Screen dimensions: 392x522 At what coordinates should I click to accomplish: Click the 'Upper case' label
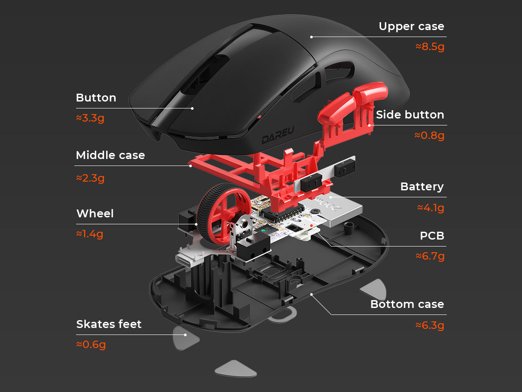pos(411,27)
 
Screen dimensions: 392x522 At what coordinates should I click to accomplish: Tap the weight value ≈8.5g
pos(430,47)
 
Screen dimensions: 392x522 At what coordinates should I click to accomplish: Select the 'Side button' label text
pos(410,115)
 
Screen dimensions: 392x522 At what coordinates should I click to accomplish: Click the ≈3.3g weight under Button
pos(90,118)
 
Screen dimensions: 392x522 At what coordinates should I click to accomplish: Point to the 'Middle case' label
pos(110,155)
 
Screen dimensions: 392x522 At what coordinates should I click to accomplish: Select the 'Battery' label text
pos(422,187)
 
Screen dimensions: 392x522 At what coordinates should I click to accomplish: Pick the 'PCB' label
pos(432,236)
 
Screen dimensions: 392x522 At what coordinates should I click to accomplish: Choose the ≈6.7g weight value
pos(430,256)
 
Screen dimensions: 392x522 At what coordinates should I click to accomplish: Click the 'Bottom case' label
pos(407,304)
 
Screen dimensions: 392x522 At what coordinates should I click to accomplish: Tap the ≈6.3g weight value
pos(430,325)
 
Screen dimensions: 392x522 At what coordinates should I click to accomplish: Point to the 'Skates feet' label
pos(109,324)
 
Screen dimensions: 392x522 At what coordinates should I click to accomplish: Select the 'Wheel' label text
pos(95,214)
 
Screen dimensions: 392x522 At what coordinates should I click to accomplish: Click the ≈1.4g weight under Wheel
pos(90,234)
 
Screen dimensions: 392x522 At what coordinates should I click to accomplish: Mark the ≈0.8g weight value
pos(429,135)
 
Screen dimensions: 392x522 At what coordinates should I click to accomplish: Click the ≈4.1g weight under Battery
pos(431,208)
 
